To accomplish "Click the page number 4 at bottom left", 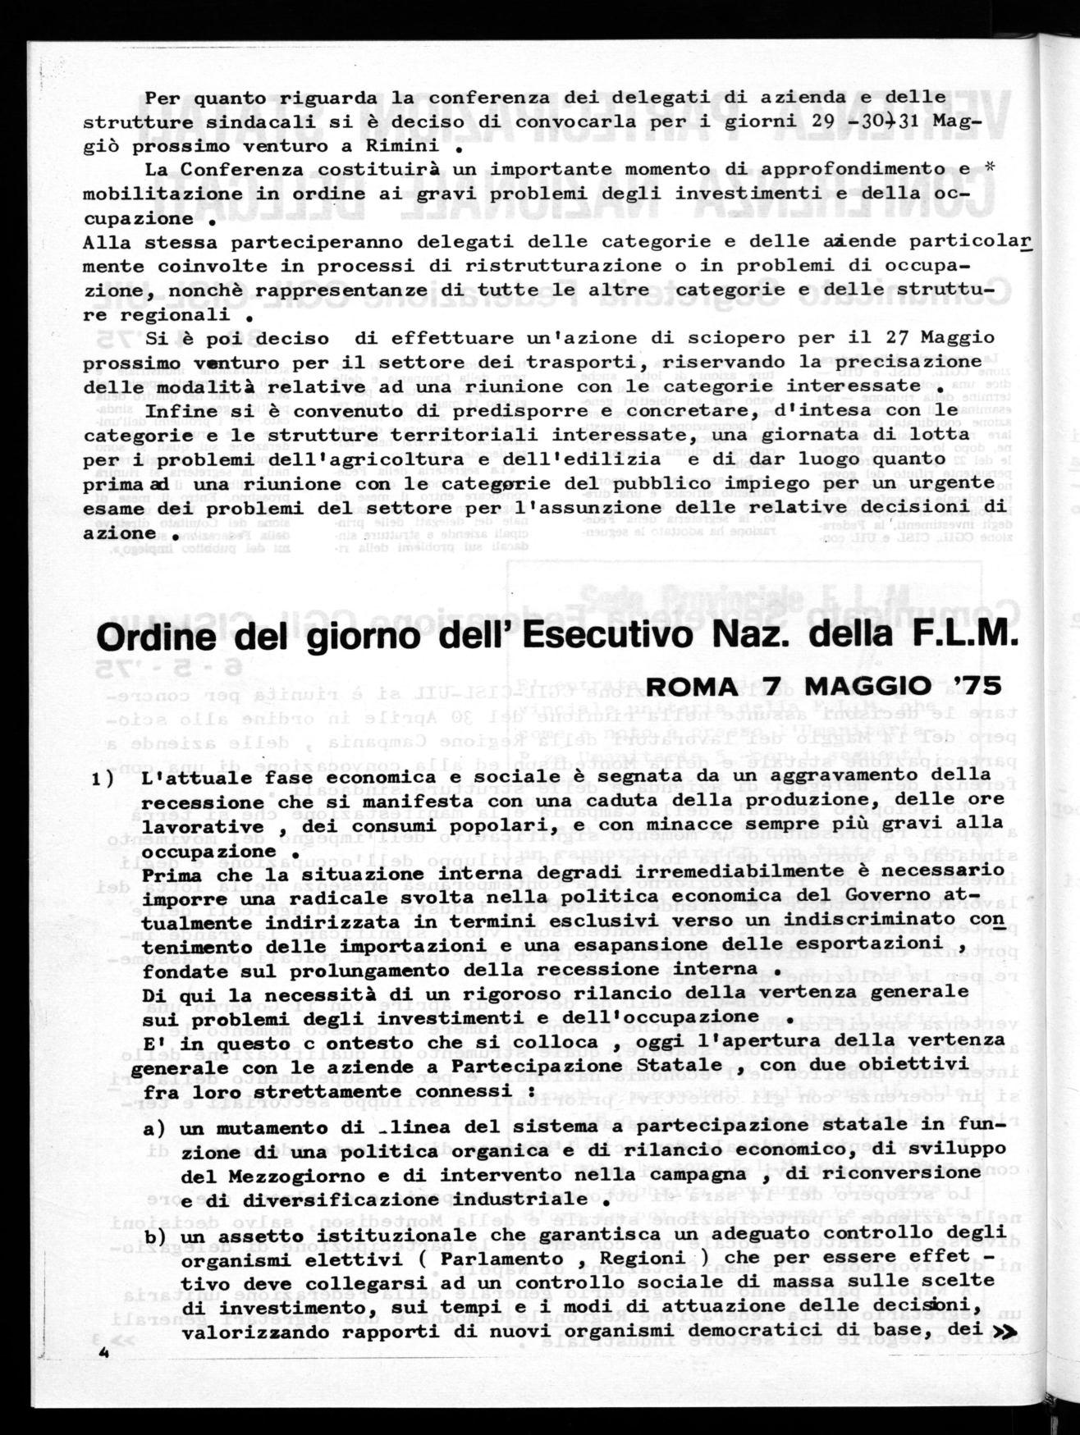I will click(103, 1355).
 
